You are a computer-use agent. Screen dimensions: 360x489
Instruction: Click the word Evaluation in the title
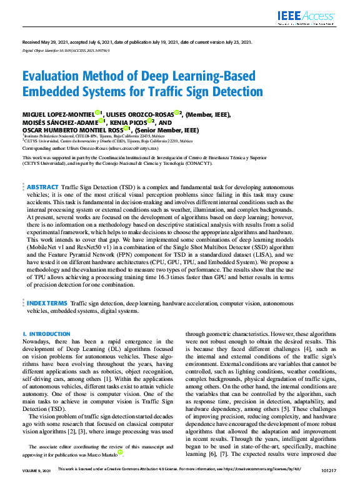tap(52, 76)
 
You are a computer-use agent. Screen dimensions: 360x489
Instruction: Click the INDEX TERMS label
tap(47, 302)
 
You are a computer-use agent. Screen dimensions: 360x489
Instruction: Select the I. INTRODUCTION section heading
tap(46, 334)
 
